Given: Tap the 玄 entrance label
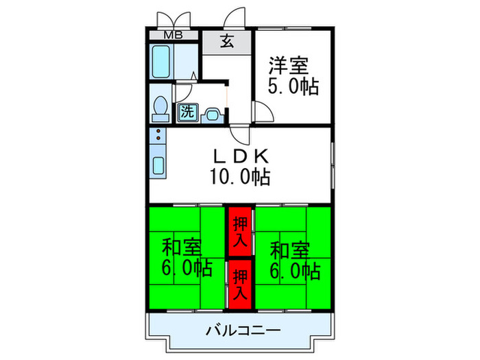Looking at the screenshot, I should [x=226, y=40].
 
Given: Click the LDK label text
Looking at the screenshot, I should [x=239, y=156].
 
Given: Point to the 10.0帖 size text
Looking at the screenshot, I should [x=239, y=178].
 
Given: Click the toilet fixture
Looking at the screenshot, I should [x=160, y=108].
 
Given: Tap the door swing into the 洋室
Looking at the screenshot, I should [x=264, y=112].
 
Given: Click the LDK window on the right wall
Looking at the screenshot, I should [x=332, y=165].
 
